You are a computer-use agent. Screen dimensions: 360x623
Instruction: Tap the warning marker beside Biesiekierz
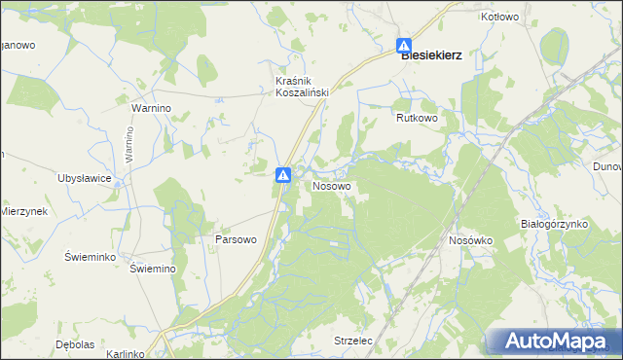coord(404,46)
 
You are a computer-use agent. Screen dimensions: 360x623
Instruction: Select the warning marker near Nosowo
coord(282,175)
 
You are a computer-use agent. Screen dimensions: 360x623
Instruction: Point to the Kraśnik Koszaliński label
coord(302,86)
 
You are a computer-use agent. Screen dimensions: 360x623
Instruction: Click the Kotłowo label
coord(499,18)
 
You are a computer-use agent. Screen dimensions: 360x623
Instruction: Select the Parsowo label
coord(235,239)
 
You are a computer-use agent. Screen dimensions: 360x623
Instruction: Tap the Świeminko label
coord(91,256)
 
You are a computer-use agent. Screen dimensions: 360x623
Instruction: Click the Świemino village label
coord(152,269)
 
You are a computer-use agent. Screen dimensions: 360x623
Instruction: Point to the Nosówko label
coord(472,239)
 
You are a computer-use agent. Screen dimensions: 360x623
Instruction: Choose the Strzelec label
coord(353,342)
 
